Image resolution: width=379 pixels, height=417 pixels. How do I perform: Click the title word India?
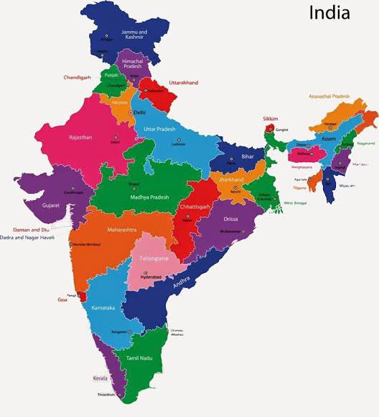[329, 13]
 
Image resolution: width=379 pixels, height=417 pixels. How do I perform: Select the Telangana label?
[154, 258]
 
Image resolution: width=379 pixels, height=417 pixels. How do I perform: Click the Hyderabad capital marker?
[147, 273]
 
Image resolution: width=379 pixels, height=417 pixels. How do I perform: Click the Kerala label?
[99, 378]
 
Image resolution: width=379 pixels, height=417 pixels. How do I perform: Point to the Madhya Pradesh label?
[149, 197]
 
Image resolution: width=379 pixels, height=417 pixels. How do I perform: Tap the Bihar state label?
[247, 156]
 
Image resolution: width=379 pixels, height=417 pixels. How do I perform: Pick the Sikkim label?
[270, 118]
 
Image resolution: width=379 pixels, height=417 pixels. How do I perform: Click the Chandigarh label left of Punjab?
[79, 77]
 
